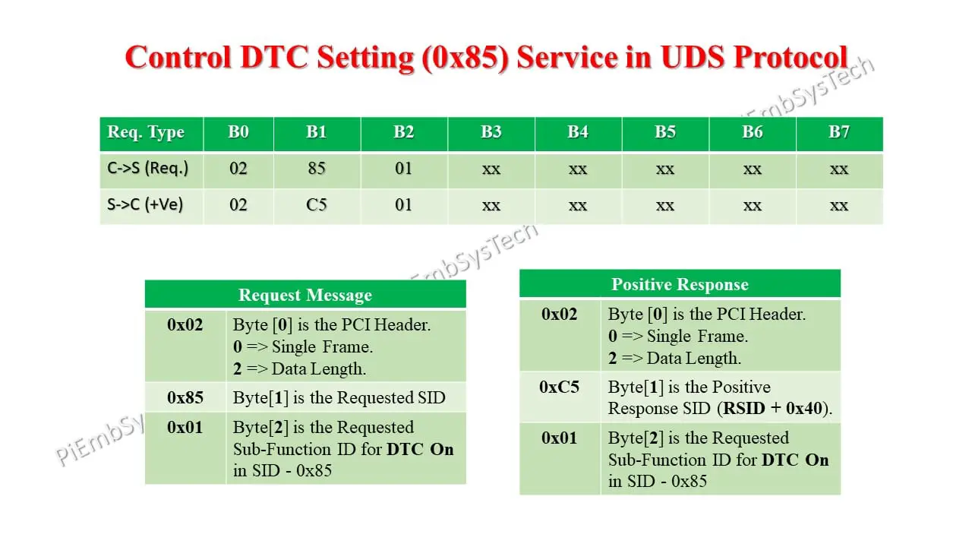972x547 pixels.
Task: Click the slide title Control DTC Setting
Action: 486,58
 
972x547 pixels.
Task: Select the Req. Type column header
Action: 146,132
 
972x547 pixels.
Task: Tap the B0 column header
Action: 238,132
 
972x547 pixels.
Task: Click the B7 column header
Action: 838,132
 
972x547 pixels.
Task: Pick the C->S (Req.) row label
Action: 147,169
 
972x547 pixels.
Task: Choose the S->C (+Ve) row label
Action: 145,204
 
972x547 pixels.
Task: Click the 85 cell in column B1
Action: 317,169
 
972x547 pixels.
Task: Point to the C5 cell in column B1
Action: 317,204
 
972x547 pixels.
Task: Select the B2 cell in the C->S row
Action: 403,169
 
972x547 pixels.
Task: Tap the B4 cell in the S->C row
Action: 578,205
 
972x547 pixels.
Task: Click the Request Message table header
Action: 305,295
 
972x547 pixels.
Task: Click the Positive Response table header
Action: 680,285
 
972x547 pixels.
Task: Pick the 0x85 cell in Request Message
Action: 185,397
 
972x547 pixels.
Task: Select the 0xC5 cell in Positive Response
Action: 559,387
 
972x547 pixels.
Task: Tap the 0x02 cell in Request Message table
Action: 185,325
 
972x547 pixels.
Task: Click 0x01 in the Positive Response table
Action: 559,438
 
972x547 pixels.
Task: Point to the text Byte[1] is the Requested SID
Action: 339,397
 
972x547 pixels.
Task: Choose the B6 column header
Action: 752,132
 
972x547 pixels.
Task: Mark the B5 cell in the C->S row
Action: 665,169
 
